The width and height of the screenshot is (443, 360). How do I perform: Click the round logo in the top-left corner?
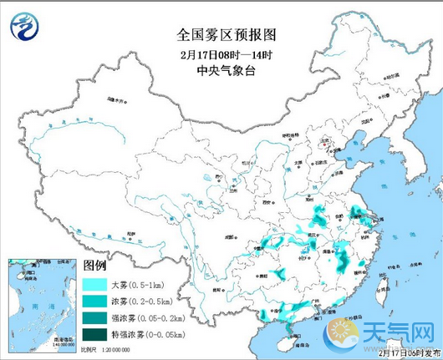point(23,26)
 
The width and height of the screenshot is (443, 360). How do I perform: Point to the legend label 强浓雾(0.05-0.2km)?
point(144,318)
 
